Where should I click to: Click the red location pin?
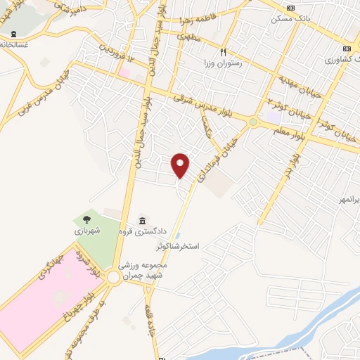click(181, 165)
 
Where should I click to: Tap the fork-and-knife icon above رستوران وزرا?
click(224, 51)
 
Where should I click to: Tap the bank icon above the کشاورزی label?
click(347, 49)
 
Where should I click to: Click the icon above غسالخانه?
click(13, 34)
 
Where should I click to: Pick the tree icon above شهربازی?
click(87, 219)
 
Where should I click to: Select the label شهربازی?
click(88, 230)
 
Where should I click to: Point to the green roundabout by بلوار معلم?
click(252, 122)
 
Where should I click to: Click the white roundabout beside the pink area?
click(113, 279)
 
